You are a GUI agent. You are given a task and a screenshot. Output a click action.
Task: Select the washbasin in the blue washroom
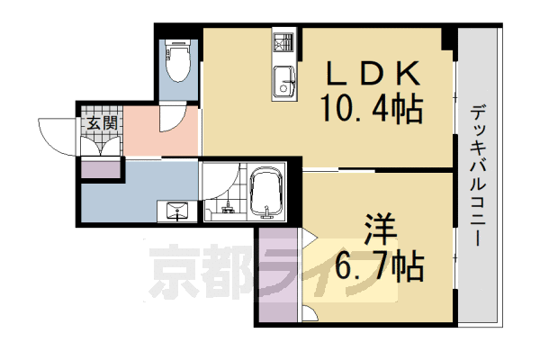click(176, 211)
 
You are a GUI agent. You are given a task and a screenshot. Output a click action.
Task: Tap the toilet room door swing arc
click(173, 117)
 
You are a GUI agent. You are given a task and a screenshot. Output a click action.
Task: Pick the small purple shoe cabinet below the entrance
click(99, 167)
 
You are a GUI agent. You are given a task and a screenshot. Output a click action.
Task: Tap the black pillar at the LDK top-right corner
click(447, 38)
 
